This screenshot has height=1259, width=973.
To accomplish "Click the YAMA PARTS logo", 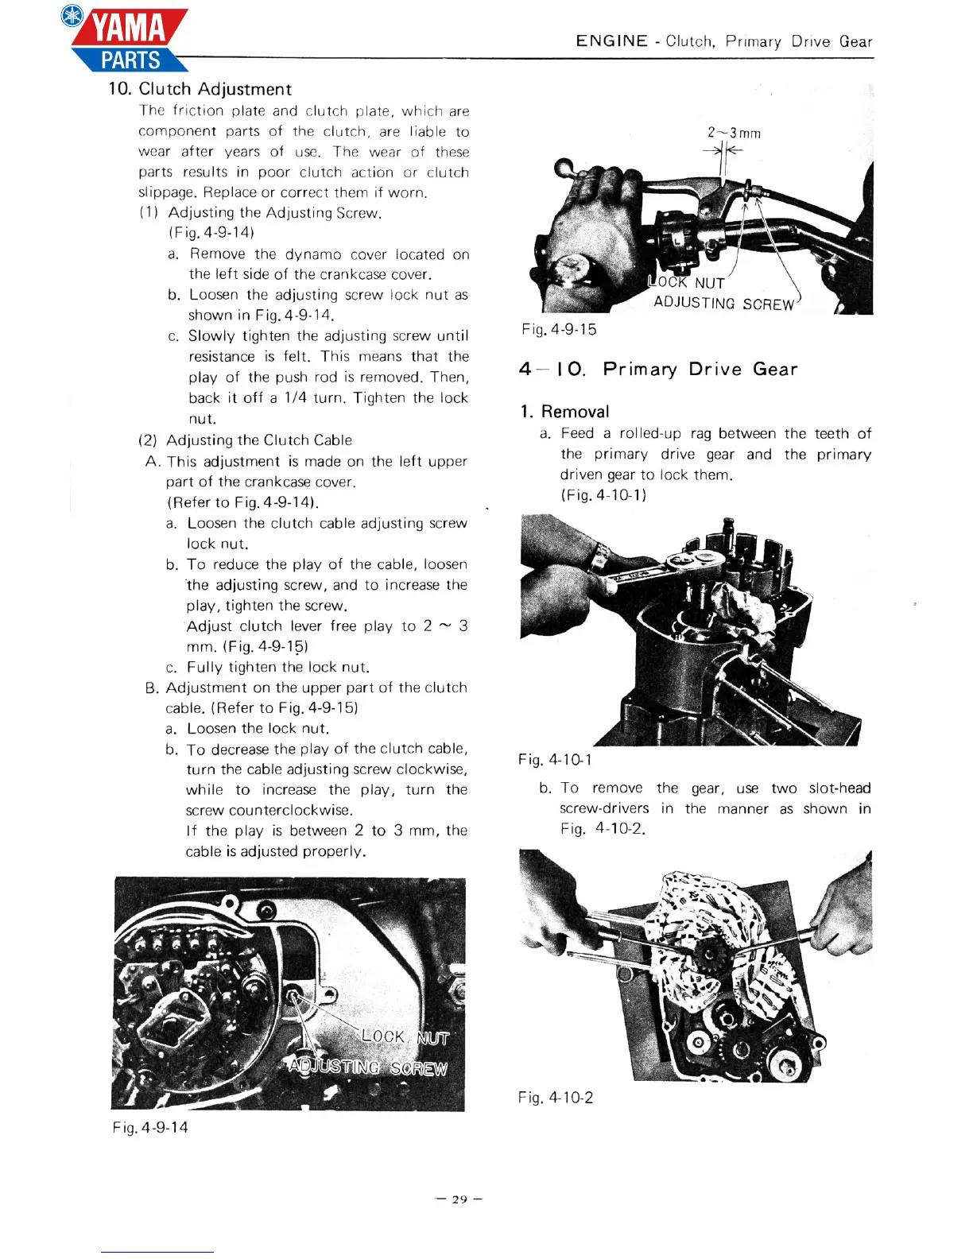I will pyautogui.click(x=127, y=40).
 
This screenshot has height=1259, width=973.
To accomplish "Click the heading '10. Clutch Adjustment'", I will pyautogui.click(x=200, y=89).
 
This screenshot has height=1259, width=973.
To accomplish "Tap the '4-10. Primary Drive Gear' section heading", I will pyautogui.click(x=658, y=369).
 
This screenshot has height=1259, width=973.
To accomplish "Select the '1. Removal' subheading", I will pyautogui.click(x=565, y=412).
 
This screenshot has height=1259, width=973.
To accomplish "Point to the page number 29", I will pyautogui.click(x=459, y=1199).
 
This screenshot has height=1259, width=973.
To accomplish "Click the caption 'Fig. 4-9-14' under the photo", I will pyautogui.click(x=150, y=1127).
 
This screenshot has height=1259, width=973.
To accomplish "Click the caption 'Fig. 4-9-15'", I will pyautogui.click(x=559, y=329).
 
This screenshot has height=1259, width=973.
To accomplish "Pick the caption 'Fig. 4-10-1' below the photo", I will pyautogui.click(x=555, y=760).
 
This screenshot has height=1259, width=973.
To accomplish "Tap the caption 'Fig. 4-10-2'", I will pyautogui.click(x=556, y=1098).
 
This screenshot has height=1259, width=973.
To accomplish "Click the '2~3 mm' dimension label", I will pyautogui.click(x=734, y=133).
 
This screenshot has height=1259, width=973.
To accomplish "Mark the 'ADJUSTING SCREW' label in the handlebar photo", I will pyautogui.click(x=723, y=304).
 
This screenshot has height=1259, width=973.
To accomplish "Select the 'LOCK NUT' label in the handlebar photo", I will pyautogui.click(x=687, y=282).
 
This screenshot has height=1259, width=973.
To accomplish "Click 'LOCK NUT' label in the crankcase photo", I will pyautogui.click(x=405, y=1037).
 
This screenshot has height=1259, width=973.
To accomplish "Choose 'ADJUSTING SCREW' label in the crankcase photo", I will pyautogui.click(x=368, y=1067).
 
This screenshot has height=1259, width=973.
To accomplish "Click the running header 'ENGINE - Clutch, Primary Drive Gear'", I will pyautogui.click(x=723, y=41).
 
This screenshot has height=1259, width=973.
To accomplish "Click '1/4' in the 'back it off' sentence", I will pyautogui.click(x=294, y=398).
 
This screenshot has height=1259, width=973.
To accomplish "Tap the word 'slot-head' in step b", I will pyautogui.click(x=839, y=788).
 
